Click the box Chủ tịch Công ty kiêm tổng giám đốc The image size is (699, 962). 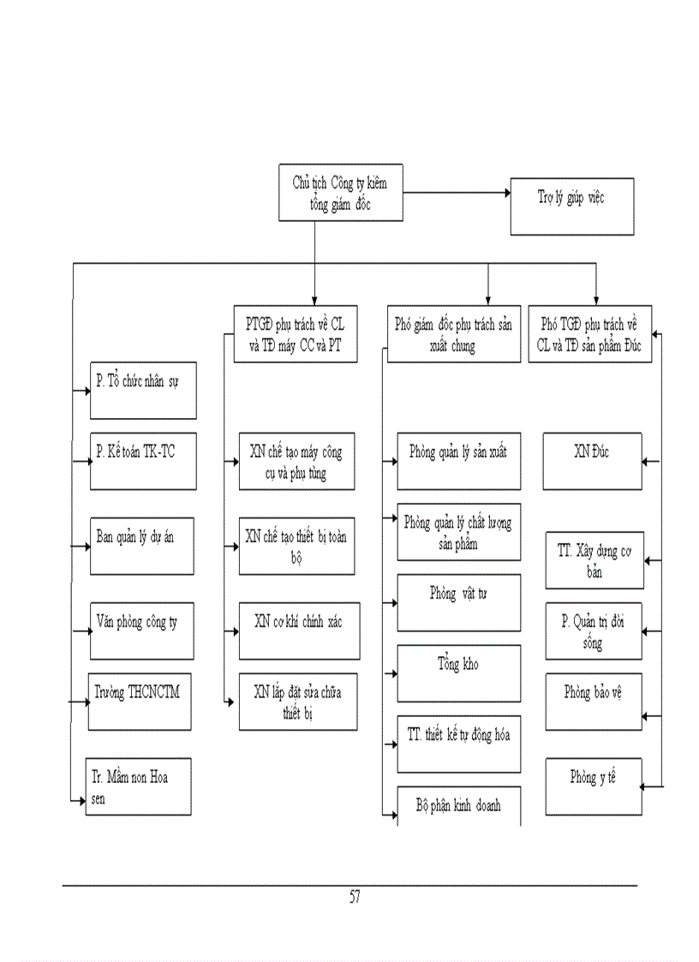tap(340, 194)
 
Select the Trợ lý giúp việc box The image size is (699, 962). tap(572, 206)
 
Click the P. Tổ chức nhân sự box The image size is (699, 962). tap(143, 390)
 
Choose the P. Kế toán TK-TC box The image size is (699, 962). tap(143, 461)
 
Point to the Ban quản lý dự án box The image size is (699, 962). tap(143, 546)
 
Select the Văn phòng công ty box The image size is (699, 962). tap(143, 630)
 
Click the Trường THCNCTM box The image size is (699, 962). tap(139, 702)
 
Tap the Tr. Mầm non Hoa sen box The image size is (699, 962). tap(139, 786)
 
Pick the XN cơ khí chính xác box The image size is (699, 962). tap(297, 631)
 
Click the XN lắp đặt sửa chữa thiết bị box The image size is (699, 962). tap(297, 702)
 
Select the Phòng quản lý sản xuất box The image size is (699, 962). tap(458, 461)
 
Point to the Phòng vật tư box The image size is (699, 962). tap(458, 602)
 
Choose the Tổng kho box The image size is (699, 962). tap(458, 673)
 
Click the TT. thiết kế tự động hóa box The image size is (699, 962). tap(458, 744)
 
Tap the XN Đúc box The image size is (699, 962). tap(592, 461)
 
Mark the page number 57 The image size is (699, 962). tap(355, 898)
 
